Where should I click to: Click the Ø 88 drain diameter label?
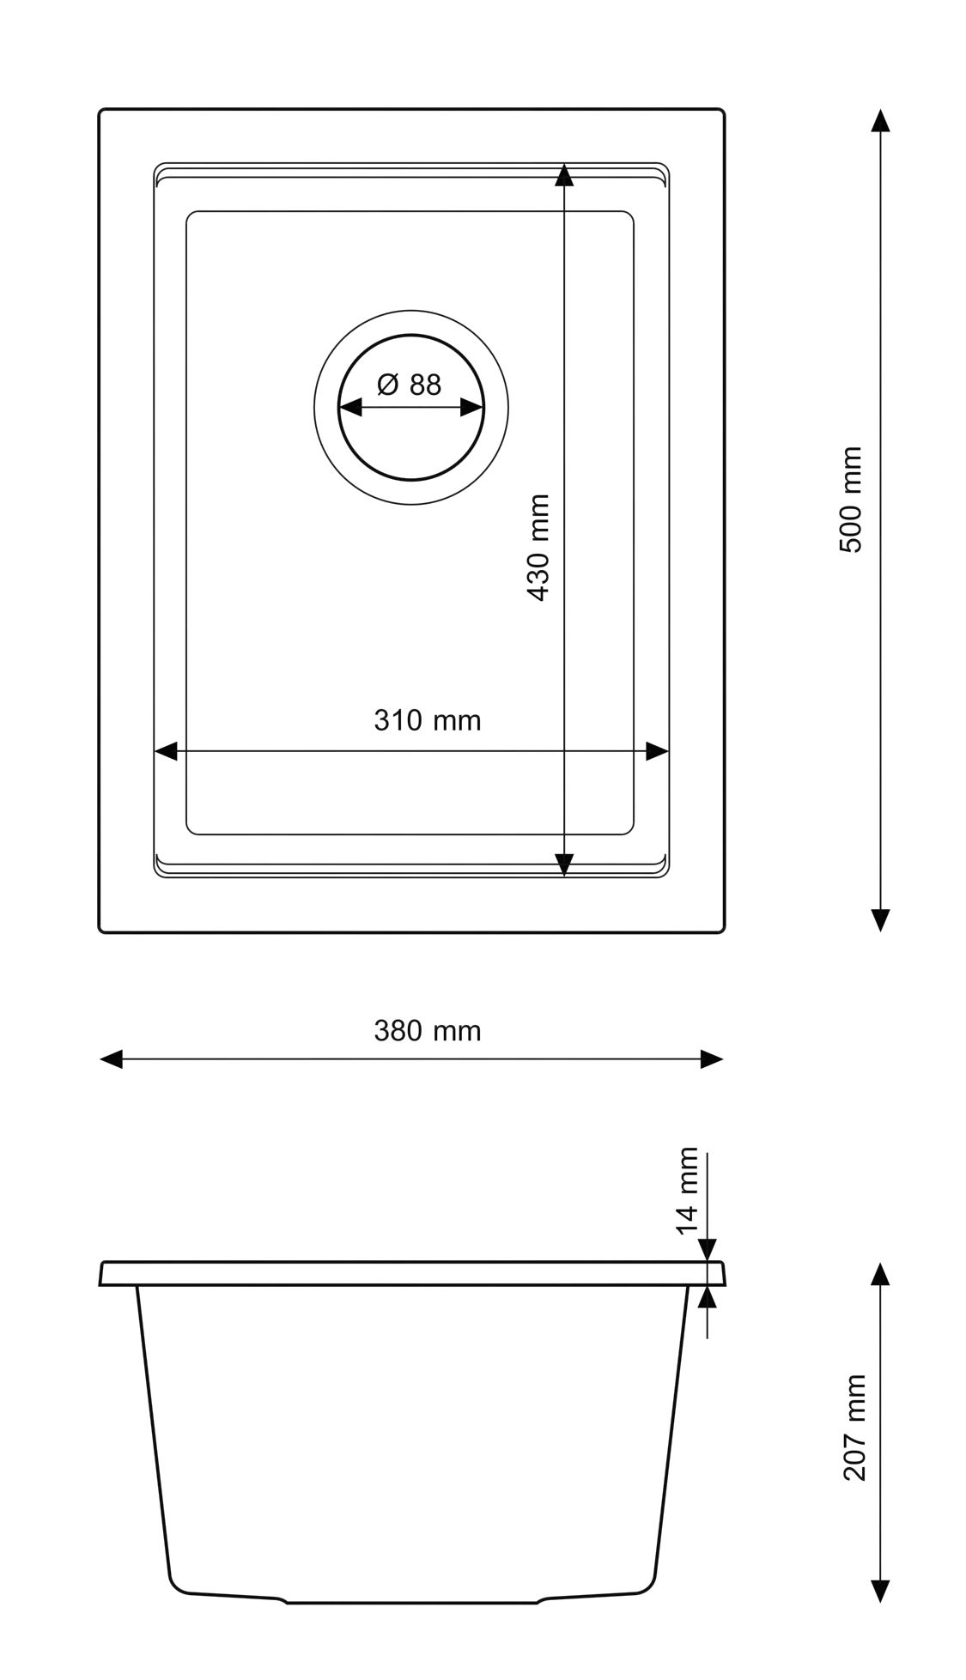(x=409, y=384)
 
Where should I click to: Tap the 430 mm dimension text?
(x=538, y=547)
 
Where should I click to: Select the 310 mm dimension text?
(x=427, y=719)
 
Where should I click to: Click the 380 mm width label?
(x=427, y=1030)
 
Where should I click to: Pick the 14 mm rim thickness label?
(x=688, y=1191)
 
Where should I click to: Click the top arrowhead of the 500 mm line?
(x=879, y=121)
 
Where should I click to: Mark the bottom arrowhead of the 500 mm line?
(x=879, y=920)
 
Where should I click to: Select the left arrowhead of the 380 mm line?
(x=112, y=1058)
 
